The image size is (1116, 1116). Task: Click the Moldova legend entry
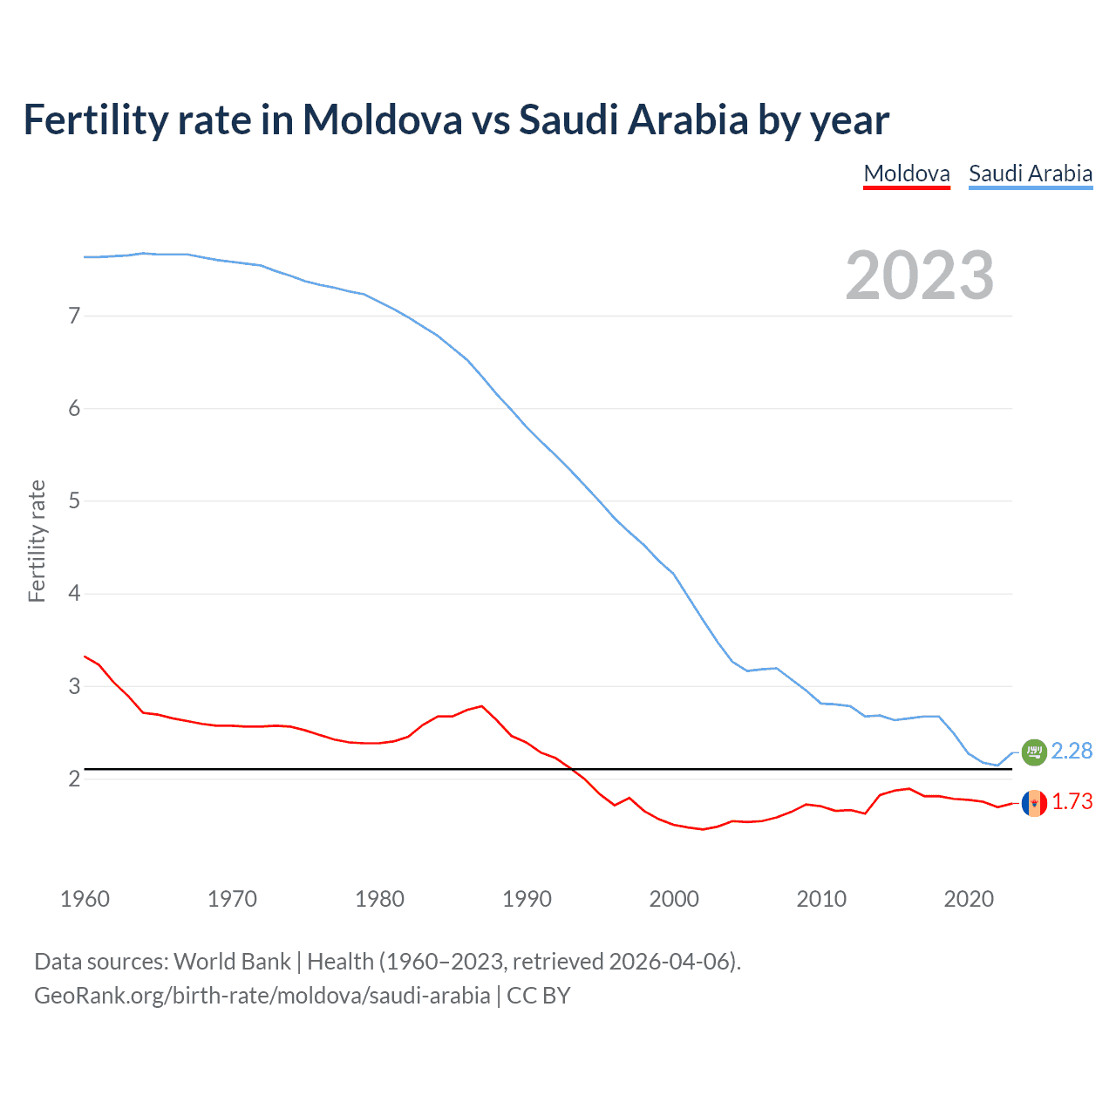906,174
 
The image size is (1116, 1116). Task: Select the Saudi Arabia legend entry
1031,174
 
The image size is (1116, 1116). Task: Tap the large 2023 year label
919,276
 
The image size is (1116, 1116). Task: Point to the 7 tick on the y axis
74,316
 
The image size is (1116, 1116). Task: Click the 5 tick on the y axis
74,501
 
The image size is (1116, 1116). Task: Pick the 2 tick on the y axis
74,779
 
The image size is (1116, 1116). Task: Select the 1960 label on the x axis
85,899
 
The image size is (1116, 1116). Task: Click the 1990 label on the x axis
527,899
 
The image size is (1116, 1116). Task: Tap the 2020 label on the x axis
969,899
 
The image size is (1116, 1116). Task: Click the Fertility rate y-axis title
37,541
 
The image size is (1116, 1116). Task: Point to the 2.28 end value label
1072,751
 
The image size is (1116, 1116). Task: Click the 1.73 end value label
1072,801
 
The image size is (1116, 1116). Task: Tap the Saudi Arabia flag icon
1034,752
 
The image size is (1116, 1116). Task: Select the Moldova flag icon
1034,803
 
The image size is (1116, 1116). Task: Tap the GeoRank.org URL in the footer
262,996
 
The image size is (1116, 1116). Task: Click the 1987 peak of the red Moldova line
482,706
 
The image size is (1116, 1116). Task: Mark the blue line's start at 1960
85,256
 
